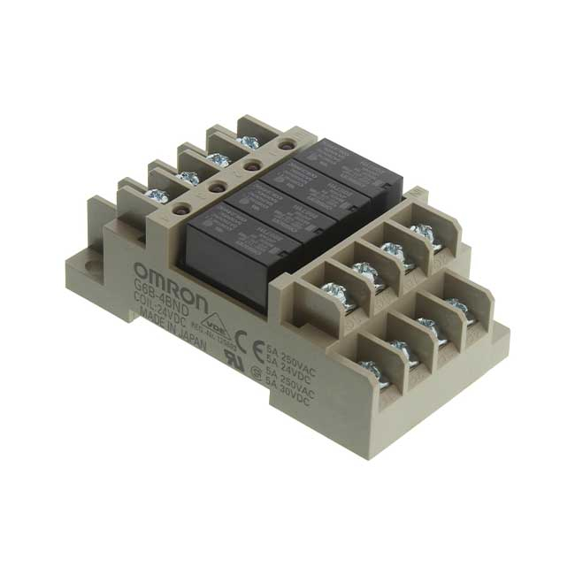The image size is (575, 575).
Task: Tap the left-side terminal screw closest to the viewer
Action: [x=157, y=196]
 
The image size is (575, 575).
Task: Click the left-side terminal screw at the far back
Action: [x=249, y=141]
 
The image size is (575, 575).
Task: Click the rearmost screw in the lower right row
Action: [x=459, y=307]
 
